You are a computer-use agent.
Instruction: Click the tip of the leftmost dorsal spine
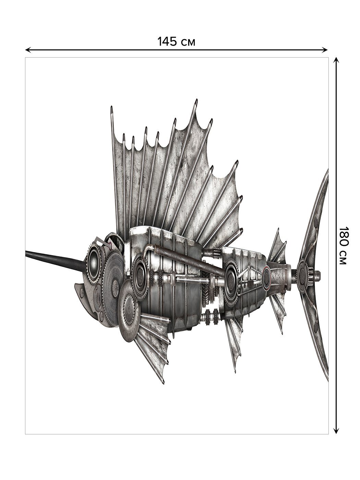click(x=112, y=107)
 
